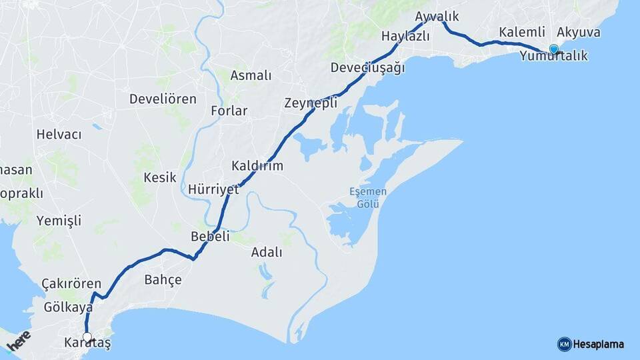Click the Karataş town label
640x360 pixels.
(x=87, y=343)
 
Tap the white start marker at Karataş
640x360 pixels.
(x=87, y=337)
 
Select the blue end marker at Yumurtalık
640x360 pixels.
(x=553, y=48)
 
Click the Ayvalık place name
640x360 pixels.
(x=437, y=16)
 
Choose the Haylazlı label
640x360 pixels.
(x=405, y=36)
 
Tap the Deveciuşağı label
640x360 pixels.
(x=367, y=68)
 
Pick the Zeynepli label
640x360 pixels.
(x=311, y=103)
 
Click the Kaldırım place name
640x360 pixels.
(x=257, y=165)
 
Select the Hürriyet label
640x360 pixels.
(x=213, y=189)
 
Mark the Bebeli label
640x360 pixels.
(x=210, y=236)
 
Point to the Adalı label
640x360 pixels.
(x=267, y=252)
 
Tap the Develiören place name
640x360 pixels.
(x=163, y=99)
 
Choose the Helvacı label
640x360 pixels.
(x=59, y=135)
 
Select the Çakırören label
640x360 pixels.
(x=71, y=283)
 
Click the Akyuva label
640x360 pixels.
(x=578, y=32)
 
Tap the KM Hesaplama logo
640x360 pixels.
(x=591, y=344)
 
